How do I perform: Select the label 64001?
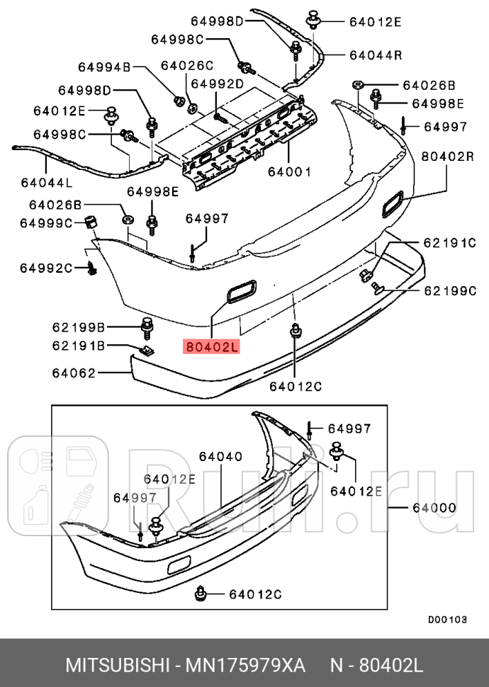[x=289, y=171]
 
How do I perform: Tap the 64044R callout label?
[x=375, y=54]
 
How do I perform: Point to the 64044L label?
[x=46, y=182]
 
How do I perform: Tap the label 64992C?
[x=46, y=267]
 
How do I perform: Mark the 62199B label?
[x=78, y=327]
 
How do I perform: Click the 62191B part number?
[x=78, y=346]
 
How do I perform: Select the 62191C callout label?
[x=449, y=242]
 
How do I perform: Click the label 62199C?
[x=449, y=290]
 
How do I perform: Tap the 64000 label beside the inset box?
[x=434, y=508]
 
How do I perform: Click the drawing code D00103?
[x=447, y=619]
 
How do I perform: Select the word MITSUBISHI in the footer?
[x=117, y=666]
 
